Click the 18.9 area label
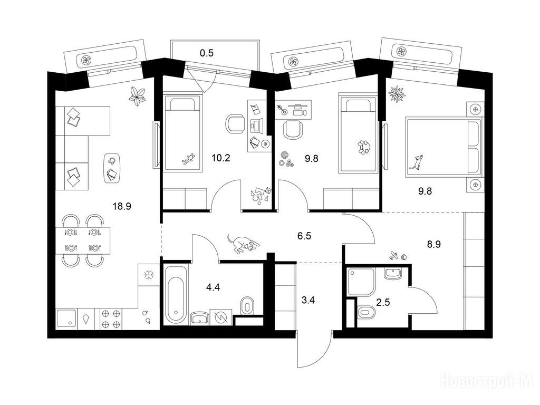(x=122, y=206)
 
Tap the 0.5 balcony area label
(x=207, y=53)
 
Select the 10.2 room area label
(x=221, y=158)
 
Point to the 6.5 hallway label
(x=304, y=236)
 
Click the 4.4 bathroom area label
(x=213, y=287)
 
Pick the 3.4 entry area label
(x=308, y=300)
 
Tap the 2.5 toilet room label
(x=383, y=303)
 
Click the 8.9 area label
(x=434, y=244)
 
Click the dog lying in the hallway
(x=243, y=244)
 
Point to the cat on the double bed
(x=417, y=162)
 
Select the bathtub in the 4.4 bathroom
(x=176, y=295)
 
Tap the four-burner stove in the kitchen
(x=111, y=319)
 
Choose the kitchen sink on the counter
(x=66, y=319)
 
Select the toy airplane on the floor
(x=393, y=256)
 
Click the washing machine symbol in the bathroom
(x=220, y=317)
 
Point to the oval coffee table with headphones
(x=112, y=168)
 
